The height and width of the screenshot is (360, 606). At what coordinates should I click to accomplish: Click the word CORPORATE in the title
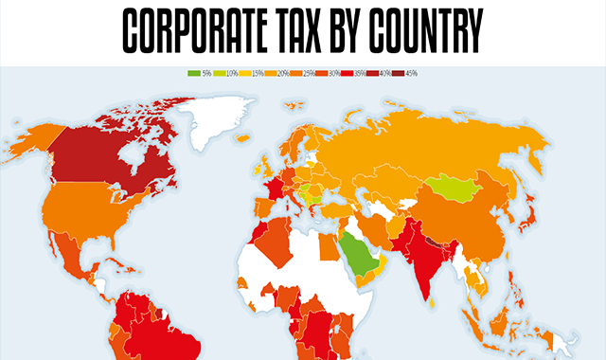point(205,32)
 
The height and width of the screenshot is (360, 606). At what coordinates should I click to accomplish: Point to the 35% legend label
point(359,73)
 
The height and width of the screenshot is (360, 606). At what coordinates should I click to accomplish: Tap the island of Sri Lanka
point(432,305)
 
